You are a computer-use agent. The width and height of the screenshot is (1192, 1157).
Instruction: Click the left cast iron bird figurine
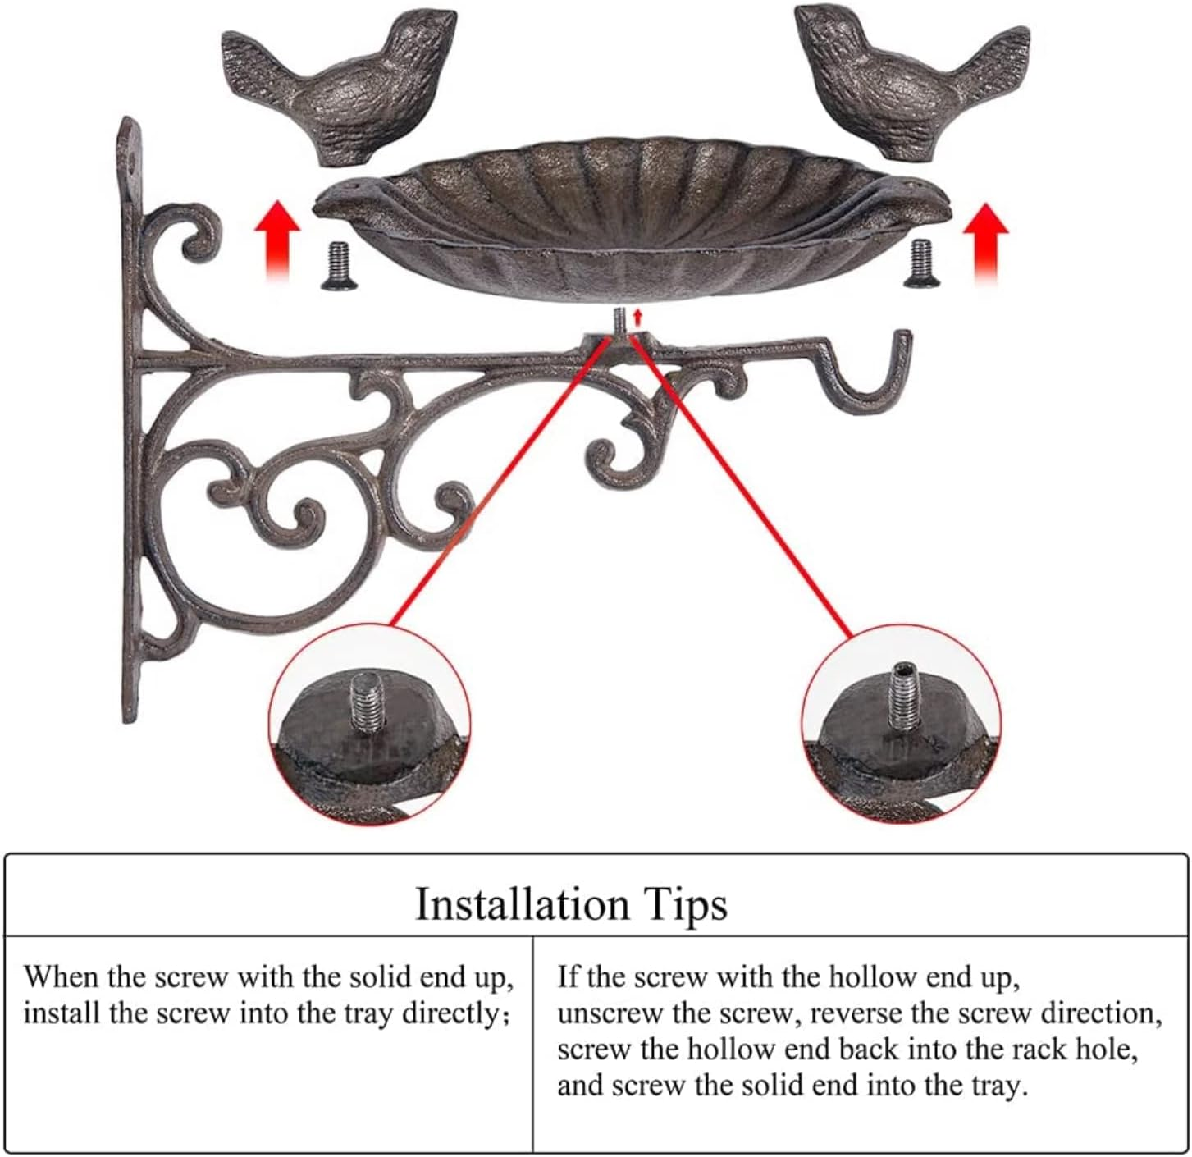point(332,90)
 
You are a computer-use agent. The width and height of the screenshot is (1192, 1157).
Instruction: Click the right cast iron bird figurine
point(911,90)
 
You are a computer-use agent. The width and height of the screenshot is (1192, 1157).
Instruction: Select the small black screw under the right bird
point(918,263)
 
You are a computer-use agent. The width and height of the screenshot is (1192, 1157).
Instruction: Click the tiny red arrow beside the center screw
point(637,315)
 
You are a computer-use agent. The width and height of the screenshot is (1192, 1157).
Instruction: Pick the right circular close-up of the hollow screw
point(901,723)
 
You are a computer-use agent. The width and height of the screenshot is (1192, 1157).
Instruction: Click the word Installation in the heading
point(522,904)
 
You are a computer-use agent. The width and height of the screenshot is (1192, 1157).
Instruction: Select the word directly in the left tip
point(450,1014)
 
